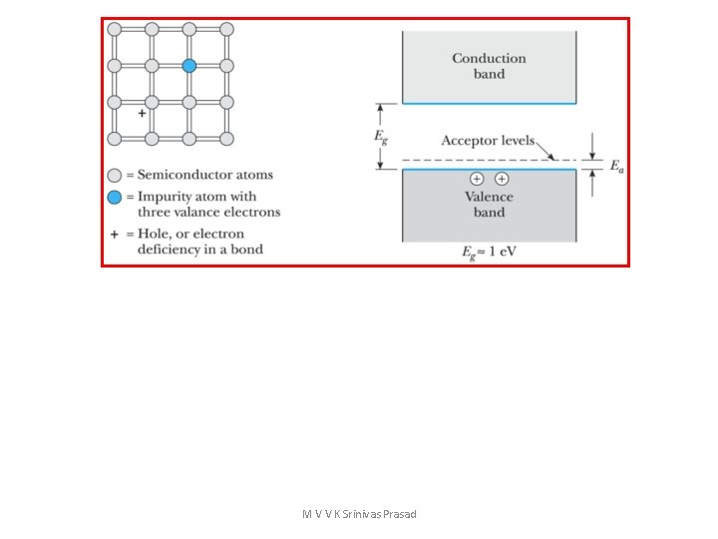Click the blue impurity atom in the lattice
tap(189, 65)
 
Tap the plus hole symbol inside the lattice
tap(142, 114)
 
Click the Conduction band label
tap(489, 66)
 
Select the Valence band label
tap(489, 205)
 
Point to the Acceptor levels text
tap(488, 142)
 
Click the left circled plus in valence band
tap(477, 179)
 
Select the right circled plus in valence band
tap(502, 179)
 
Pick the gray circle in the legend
tap(114, 176)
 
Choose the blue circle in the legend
tap(114, 197)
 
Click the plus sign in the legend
tap(114, 233)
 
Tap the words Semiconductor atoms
tap(212, 176)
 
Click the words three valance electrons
tap(208, 212)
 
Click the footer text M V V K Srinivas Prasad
tap(359, 514)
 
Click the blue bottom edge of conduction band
tap(489, 103)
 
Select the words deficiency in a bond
tap(199, 249)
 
